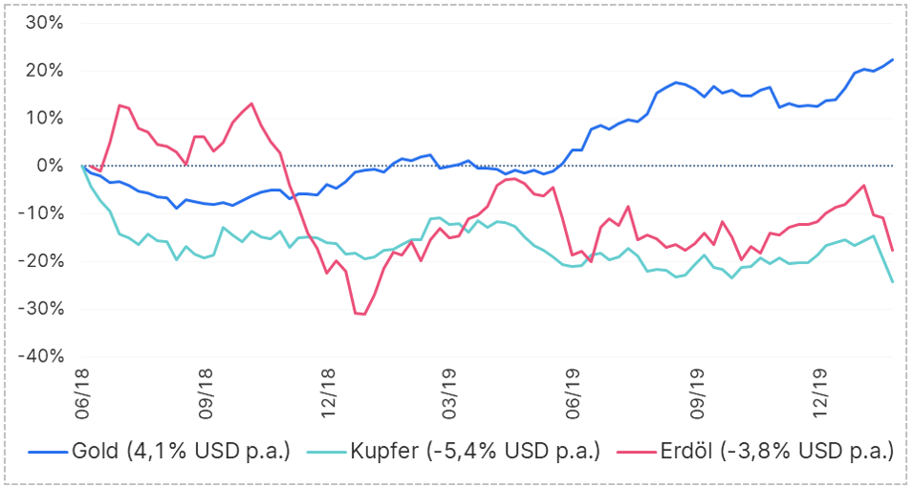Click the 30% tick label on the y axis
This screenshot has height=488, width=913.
click(x=43, y=23)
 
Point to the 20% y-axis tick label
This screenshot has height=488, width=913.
click(x=43, y=71)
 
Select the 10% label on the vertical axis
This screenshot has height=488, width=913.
click(x=43, y=118)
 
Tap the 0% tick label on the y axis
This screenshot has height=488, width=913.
click(x=49, y=166)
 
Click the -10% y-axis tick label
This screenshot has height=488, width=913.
click(x=40, y=213)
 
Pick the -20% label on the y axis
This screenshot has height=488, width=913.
click(x=40, y=260)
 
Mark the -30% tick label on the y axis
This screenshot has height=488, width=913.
click(x=40, y=308)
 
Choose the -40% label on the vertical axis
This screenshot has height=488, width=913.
click(x=40, y=356)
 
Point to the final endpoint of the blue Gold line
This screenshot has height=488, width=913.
click(x=892, y=59)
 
